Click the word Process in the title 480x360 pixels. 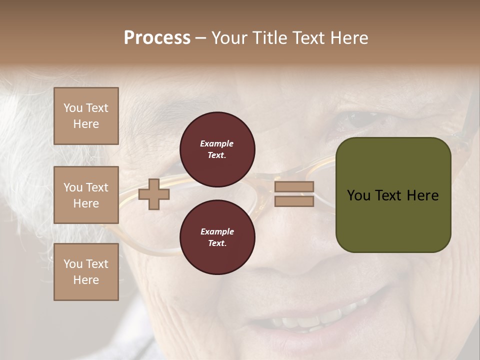(157, 38)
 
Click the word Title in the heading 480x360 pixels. (270, 38)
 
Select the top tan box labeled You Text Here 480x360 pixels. (86, 116)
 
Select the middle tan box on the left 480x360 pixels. (86, 195)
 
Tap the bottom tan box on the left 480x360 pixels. (86, 272)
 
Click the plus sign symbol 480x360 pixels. (154, 194)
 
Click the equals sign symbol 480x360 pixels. (294, 194)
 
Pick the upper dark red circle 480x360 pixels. (217, 149)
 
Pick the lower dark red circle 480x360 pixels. (217, 237)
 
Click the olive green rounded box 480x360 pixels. (393, 195)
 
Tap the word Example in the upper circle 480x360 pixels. (217, 144)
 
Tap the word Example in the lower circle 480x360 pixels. (217, 231)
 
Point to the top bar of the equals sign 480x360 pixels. (294, 186)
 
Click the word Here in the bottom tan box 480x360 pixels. (86, 280)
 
